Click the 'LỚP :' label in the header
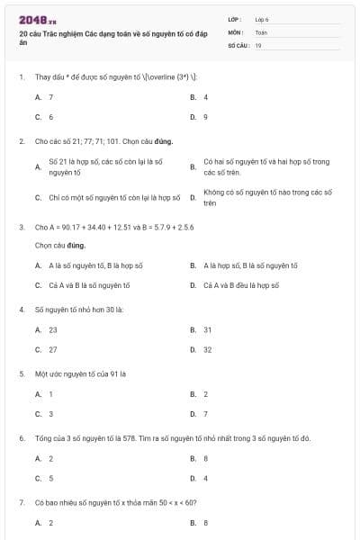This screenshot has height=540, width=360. [x=236, y=19]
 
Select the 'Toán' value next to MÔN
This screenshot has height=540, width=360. [x=261, y=31]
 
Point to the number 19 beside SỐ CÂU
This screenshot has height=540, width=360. [x=258, y=44]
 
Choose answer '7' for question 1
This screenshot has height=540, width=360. [x=50, y=96]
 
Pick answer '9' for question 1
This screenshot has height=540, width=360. [x=205, y=117]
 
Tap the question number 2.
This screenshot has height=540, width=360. [x=21, y=141]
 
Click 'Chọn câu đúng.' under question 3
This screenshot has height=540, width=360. [x=60, y=244]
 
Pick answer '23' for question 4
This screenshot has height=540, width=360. [x=52, y=329]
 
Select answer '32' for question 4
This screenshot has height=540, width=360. [x=207, y=349]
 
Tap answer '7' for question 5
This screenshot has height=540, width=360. [x=205, y=414]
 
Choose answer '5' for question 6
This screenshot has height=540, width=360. [x=50, y=479]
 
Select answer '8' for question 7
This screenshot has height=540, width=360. [x=205, y=522]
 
